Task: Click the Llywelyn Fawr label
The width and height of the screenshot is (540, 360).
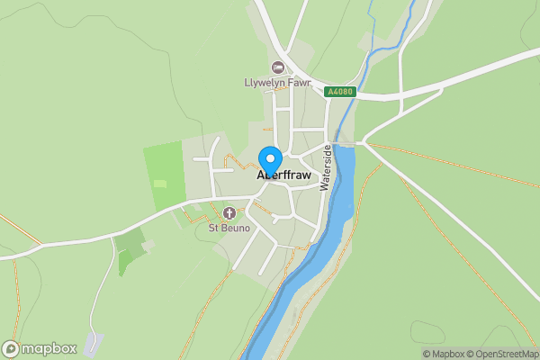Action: point(277,82)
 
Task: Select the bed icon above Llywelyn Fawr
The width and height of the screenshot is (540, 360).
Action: point(277,67)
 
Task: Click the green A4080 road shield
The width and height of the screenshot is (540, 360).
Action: point(340,92)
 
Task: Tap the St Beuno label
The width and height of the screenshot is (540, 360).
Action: point(229,228)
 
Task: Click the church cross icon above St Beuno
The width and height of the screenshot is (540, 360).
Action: point(229,213)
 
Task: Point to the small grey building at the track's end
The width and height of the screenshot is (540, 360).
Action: point(94,342)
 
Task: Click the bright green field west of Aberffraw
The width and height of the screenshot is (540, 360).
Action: point(163,175)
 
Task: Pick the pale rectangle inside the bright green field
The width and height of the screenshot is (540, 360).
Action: point(160,184)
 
